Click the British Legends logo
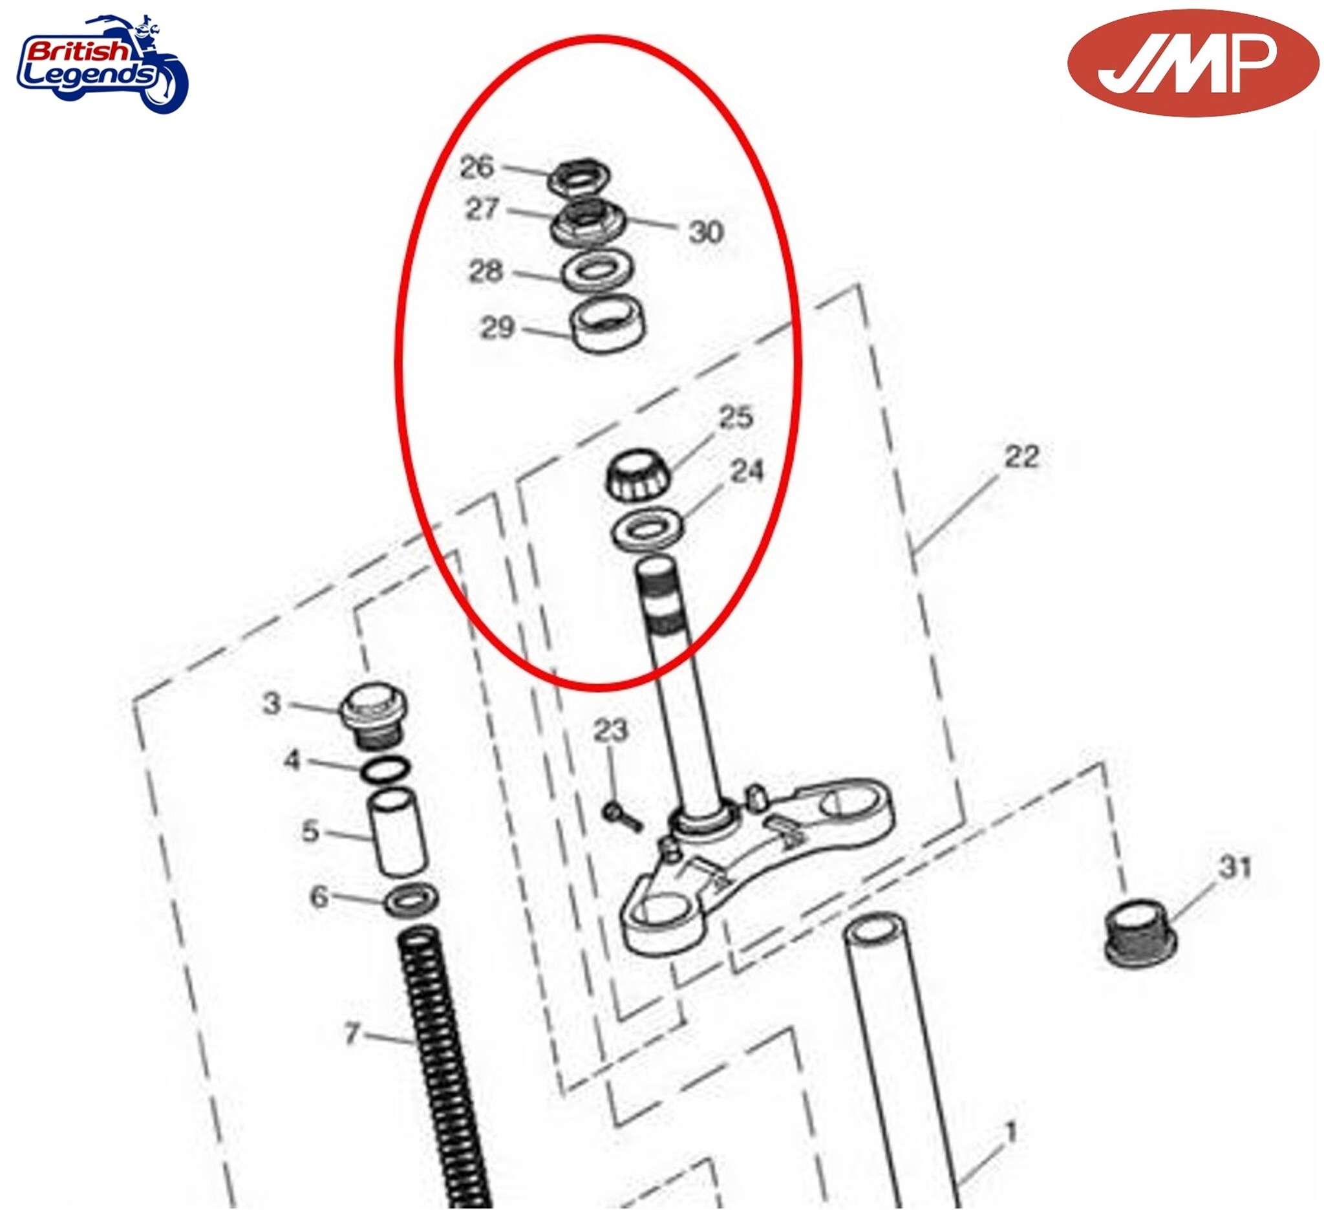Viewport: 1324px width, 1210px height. (x=101, y=64)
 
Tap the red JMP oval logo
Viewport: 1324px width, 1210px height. (x=1192, y=64)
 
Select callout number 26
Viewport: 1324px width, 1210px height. (x=477, y=167)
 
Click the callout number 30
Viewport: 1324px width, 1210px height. (x=706, y=232)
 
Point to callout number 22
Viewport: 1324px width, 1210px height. (x=1021, y=457)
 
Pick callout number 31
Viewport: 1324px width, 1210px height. (x=1235, y=867)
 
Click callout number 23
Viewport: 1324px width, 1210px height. (x=611, y=731)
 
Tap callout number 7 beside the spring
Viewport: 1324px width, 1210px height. (x=353, y=1034)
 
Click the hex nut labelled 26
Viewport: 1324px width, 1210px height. (x=579, y=177)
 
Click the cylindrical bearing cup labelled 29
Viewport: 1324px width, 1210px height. (x=608, y=325)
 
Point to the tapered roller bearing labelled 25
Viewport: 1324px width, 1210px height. (x=637, y=476)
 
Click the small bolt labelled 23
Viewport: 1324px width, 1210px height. (x=621, y=817)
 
